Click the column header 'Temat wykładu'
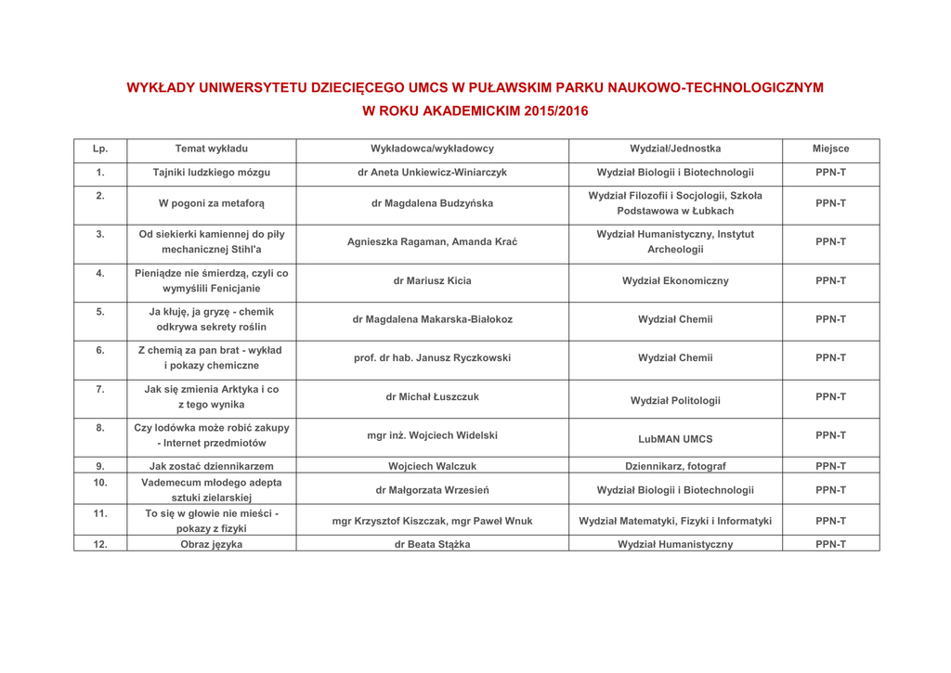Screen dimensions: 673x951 coord(211,149)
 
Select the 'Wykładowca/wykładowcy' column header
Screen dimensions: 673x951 coord(431,149)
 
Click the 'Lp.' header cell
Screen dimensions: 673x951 coord(99,149)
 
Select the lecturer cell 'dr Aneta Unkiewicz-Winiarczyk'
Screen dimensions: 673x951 coord(431,172)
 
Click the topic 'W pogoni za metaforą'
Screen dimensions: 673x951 coord(211,204)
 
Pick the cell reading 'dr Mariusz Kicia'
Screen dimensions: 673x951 coord(431,278)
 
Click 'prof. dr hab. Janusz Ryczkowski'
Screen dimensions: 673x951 coord(431,357)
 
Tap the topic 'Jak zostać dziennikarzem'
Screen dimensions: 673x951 coord(211,466)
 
